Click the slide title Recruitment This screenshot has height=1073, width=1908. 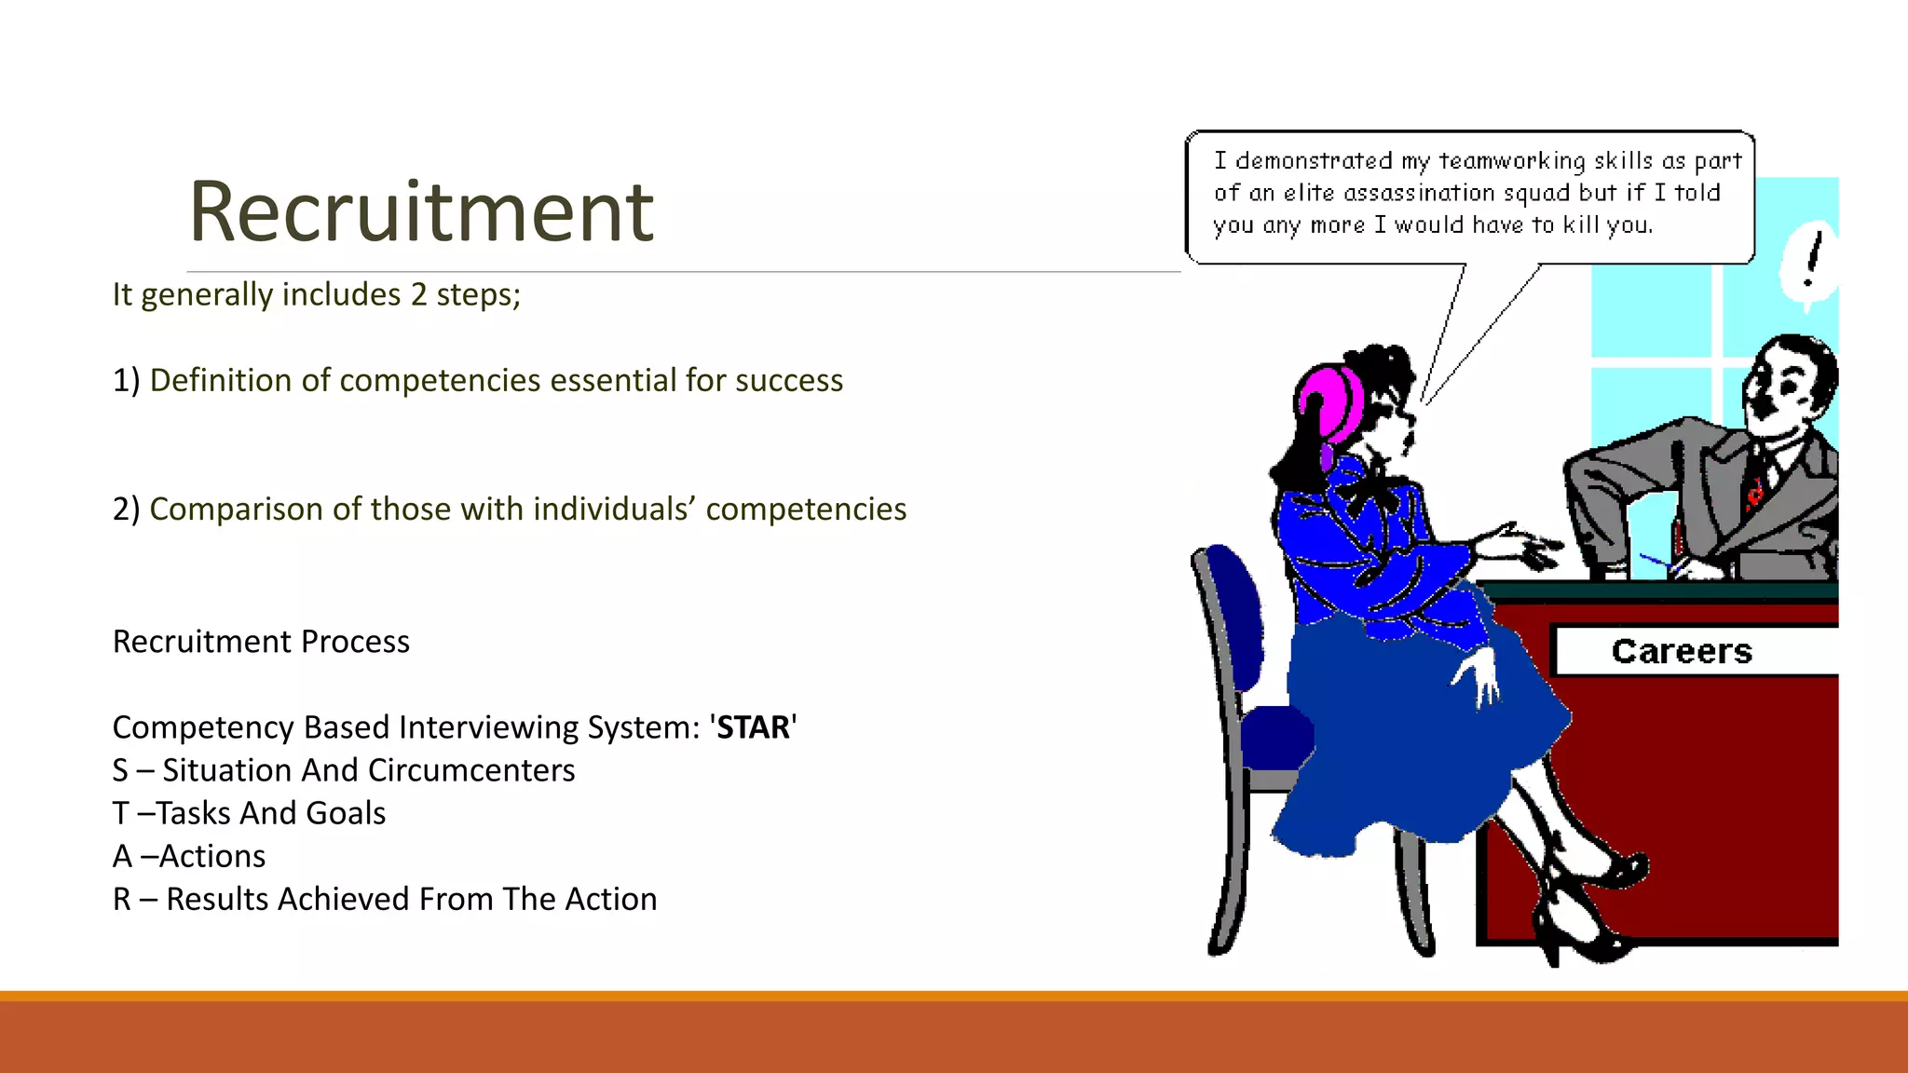(x=421, y=212)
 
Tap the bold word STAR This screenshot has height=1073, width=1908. (x=753, y=727)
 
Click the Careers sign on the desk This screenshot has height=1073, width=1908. (x=1682, y=651)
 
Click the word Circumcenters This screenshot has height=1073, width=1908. (x=471, y=771)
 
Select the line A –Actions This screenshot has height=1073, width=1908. (x=189, y=857)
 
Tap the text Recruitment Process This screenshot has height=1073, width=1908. (x=261, y=643)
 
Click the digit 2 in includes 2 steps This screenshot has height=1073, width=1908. (x=418, y=295)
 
